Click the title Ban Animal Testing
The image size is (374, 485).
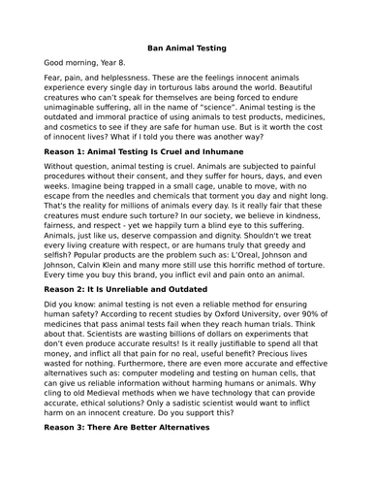[x=186, y=48]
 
